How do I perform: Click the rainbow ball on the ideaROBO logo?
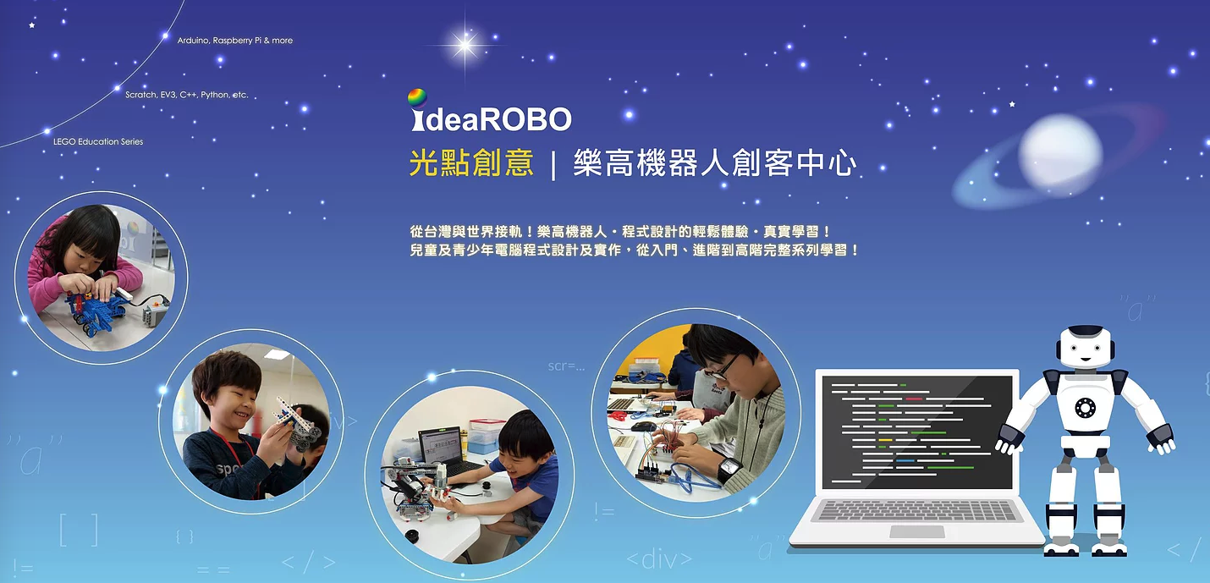click(x=417, y=98)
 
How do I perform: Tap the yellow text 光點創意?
click(x=471, y=162)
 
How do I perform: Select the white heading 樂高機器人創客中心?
click(x=715, y=162)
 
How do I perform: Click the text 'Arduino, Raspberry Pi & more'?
click(x=235, y=41)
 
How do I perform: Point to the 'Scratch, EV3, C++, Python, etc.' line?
click(x=187, y=95)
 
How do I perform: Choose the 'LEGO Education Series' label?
click(x=98, y=141)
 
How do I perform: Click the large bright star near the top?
click(x=465, y=44)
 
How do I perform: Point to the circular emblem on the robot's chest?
click(x=1085, y=407)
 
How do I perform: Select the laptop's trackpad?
click(x=916, y=531)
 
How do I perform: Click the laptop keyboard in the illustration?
click(x=916, y=510)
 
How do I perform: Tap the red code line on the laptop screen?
click(x=914, y=399)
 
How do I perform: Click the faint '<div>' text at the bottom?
click(x=659, y=559)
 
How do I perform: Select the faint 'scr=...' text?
click(x=566, y=366)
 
